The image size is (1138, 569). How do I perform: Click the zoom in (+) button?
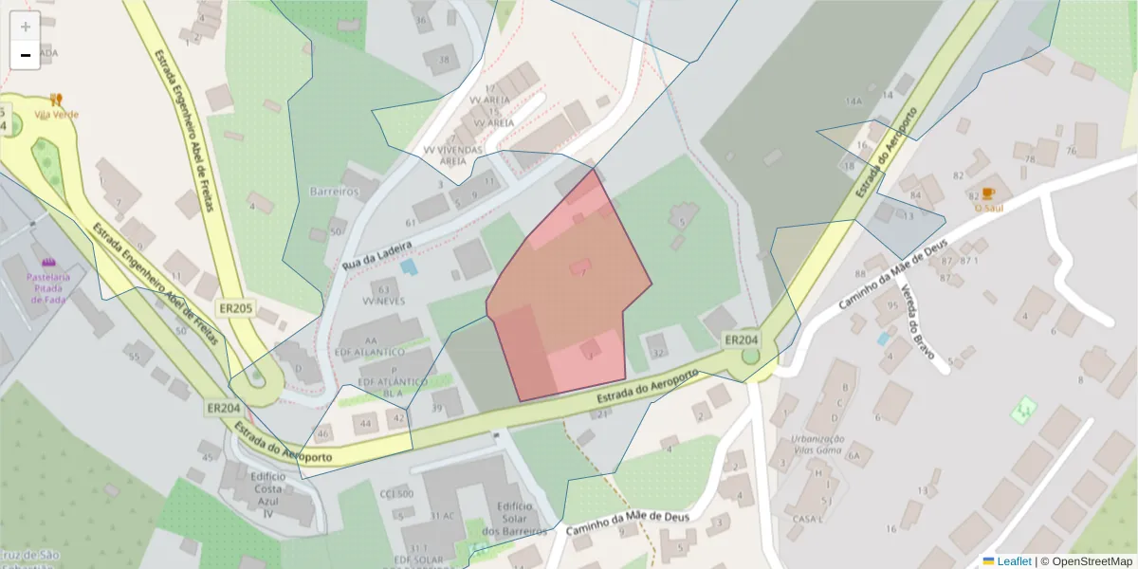26,27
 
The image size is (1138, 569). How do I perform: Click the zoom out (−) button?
26,55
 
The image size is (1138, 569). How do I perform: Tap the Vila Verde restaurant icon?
56,99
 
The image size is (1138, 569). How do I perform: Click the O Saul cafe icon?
988,193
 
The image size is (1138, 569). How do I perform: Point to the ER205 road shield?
236,308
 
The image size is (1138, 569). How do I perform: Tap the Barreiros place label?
334,191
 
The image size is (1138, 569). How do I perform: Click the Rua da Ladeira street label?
378,257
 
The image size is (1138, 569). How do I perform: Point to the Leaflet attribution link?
1013,561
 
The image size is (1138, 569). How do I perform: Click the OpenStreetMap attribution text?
1087,561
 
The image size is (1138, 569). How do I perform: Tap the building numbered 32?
657,353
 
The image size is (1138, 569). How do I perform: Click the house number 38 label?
443,59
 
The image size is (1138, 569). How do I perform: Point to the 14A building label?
853,101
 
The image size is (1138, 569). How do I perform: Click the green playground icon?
1022,410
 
